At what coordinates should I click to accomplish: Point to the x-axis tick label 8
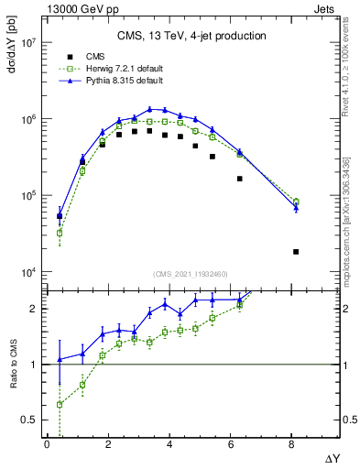[292, 444]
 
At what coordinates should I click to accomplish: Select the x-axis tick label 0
[47, 444]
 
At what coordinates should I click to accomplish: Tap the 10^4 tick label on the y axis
[25, 272]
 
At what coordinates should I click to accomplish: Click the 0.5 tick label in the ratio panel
[27, 420]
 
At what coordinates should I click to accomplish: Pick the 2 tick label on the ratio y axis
[31, 309]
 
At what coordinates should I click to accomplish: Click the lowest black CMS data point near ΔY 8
[296, 251]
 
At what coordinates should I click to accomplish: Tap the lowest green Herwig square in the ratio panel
[60, 404]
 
